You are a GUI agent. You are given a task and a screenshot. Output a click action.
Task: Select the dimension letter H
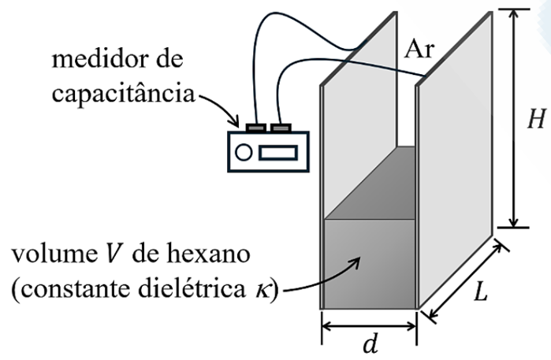coord(537,118)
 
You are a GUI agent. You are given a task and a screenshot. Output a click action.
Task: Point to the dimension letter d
coord(369,345)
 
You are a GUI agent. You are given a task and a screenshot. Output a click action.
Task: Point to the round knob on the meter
coord(244,152)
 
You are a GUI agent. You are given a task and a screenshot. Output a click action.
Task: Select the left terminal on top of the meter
coord(258,126)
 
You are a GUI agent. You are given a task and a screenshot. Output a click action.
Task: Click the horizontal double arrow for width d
coord(369,324)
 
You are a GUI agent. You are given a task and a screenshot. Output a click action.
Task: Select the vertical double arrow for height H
coord(514,118)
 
